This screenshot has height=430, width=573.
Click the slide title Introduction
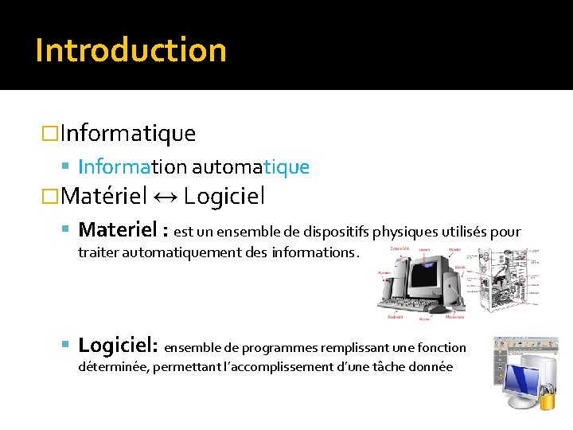click(x=131, y=49)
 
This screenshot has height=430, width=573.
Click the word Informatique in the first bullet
click(x=127, y=132)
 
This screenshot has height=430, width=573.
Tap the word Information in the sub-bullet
click(x=132, y=166)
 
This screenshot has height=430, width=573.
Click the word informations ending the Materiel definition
click(x=314, y=252)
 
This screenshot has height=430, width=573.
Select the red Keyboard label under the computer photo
click(x=395, y=316)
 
